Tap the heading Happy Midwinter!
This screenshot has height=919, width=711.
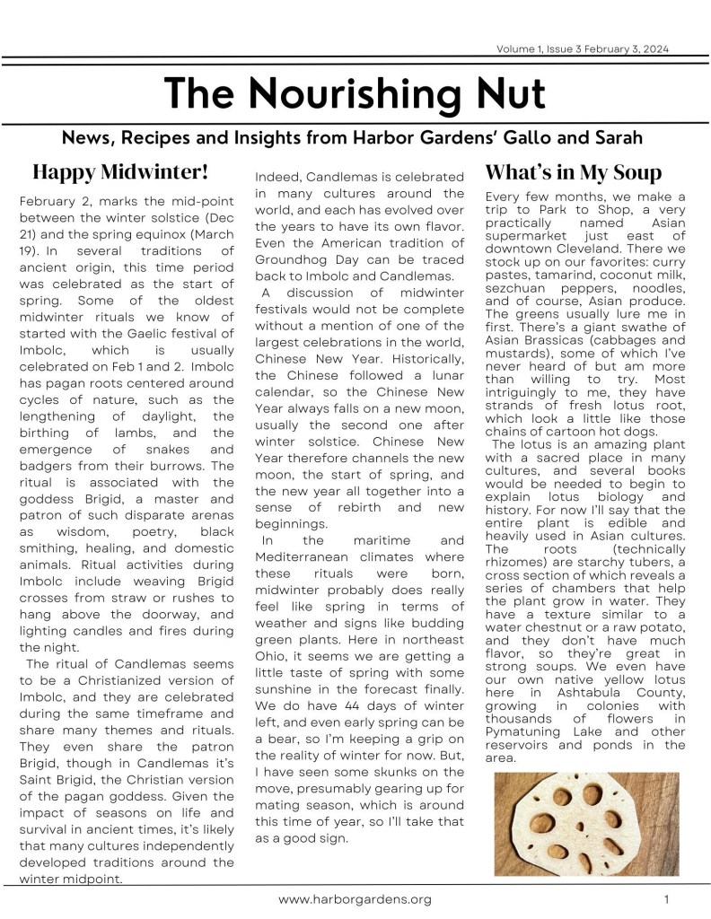click(120, 171)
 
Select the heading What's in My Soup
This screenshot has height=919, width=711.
click(573, 171)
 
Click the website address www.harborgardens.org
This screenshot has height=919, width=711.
click(355, 898)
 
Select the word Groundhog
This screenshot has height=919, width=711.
click(296, 259)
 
